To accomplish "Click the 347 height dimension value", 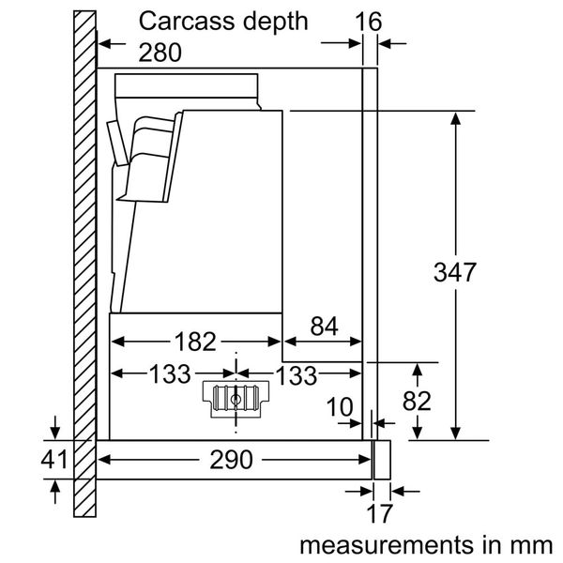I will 455,274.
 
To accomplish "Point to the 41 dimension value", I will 55,460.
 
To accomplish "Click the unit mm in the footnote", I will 535,544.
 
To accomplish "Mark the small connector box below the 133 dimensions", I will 234,399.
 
